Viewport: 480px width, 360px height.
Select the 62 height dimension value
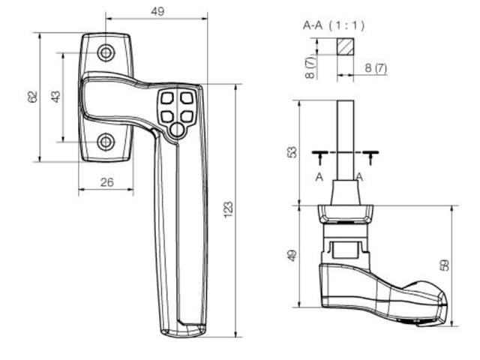[31, 97]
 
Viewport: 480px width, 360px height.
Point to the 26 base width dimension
[106, 182]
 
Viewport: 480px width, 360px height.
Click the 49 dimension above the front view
[157, 11]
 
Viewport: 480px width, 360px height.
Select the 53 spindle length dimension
[292, 151]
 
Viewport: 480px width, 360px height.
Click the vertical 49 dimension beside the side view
[292, 255]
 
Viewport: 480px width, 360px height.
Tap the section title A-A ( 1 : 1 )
[334, 25]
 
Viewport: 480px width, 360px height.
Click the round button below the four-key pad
[175, 130]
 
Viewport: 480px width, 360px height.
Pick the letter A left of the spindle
[319, 177]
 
